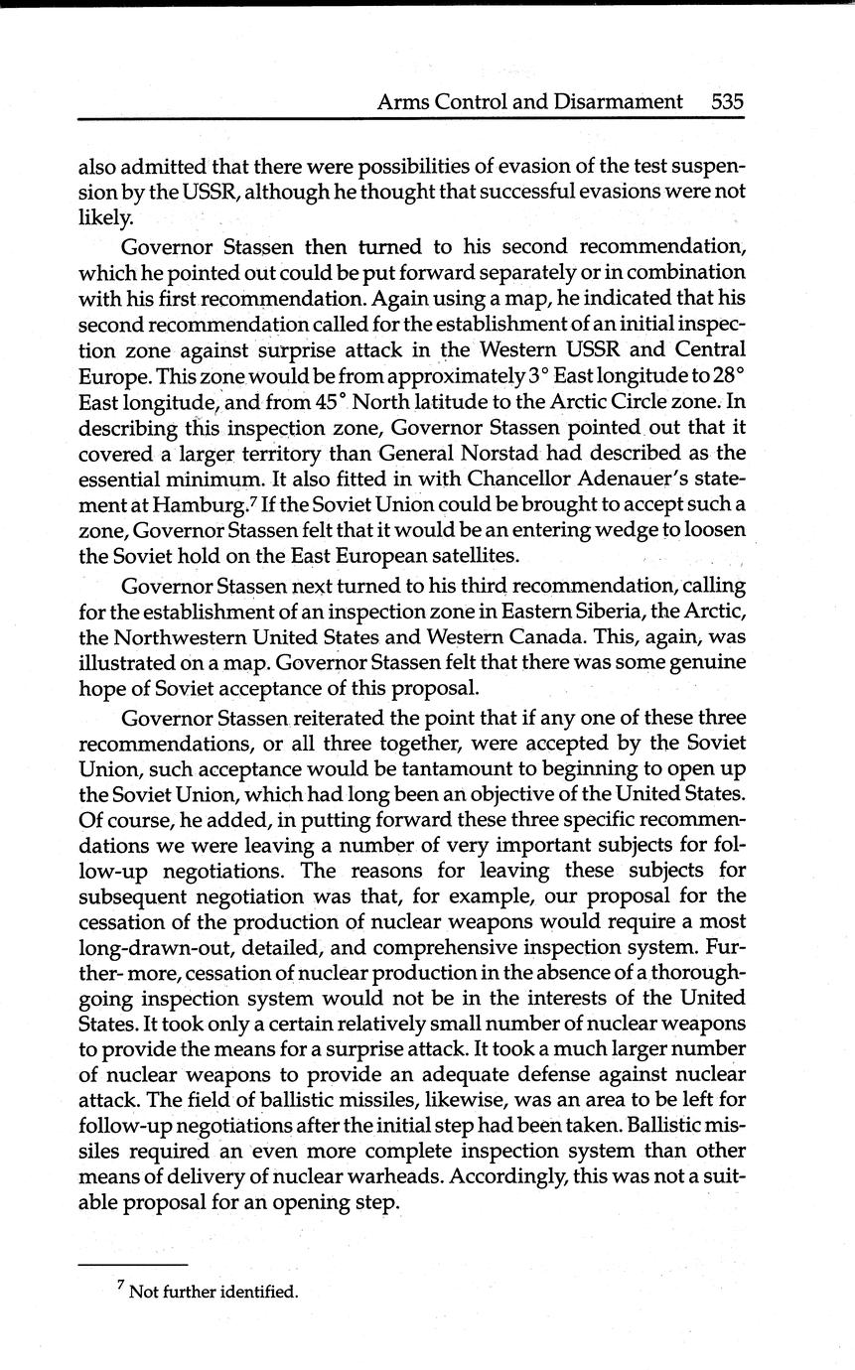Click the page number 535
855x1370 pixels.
click(727, 101)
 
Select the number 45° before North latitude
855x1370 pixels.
click(326, 401)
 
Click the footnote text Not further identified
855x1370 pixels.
click(214, 1292)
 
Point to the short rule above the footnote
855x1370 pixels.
click(132, 1264)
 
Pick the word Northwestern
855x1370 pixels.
click(191, 635)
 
